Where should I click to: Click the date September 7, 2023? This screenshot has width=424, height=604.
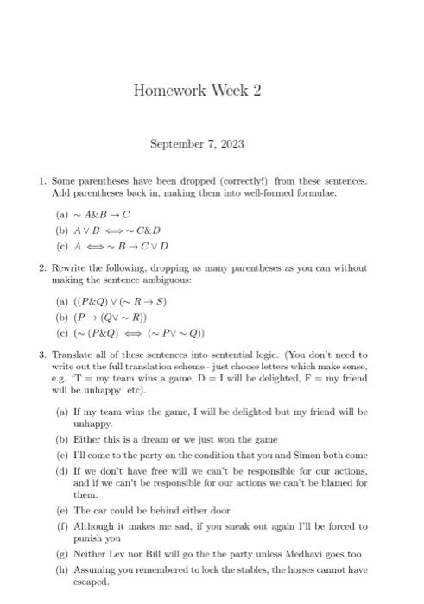pos(197,144)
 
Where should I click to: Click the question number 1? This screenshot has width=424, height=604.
pos(41,181)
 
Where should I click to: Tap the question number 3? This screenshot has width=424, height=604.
pos(41,355)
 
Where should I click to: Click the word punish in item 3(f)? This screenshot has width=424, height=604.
pos(87,539)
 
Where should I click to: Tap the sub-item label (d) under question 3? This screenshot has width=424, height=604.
pos(61,470)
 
